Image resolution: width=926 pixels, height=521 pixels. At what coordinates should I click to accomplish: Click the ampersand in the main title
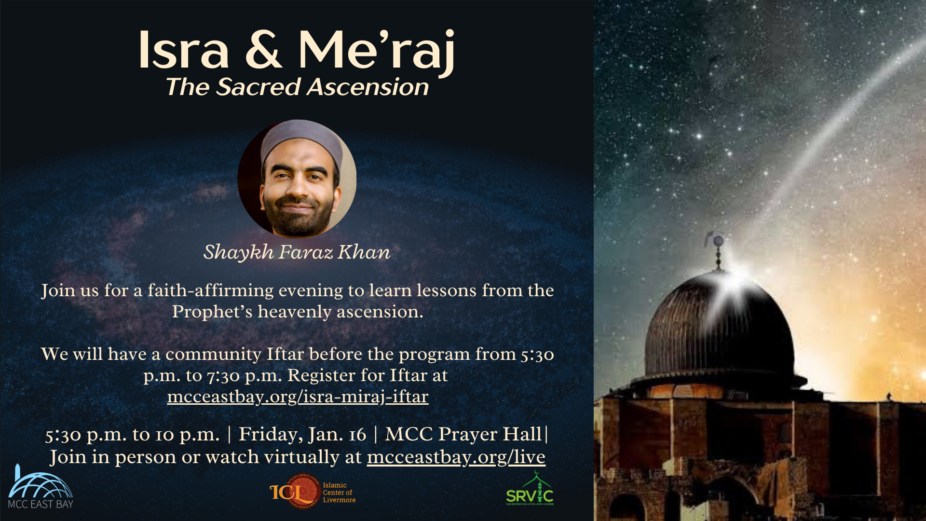(263, 50)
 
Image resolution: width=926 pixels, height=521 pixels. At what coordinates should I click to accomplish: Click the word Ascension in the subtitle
(368, 87)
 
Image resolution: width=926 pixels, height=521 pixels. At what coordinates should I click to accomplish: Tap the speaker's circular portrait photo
(297, 178)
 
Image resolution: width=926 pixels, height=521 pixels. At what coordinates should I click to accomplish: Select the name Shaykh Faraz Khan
(297, 252)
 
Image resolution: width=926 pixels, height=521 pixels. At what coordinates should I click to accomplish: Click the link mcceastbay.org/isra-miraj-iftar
(298, 397)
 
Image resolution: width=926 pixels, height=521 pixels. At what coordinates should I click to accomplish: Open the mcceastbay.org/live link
(456, 457)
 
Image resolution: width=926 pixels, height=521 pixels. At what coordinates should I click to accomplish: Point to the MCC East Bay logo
(41, 487)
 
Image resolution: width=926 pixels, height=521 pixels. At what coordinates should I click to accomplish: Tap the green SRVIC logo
(530, 490)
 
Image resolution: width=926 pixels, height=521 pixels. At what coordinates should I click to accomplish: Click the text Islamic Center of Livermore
(339, 493)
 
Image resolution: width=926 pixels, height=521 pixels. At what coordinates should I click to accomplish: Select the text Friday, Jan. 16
(302, 435)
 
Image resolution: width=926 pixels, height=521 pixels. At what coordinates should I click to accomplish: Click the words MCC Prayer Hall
(463, 434)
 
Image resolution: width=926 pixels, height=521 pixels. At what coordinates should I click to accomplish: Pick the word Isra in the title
(184, 50)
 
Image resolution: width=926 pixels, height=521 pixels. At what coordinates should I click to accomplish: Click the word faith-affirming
(211, 290)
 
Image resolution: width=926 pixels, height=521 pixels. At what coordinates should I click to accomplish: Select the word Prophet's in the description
(212, 312)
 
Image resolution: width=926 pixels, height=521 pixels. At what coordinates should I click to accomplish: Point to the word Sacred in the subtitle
(258, 87)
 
